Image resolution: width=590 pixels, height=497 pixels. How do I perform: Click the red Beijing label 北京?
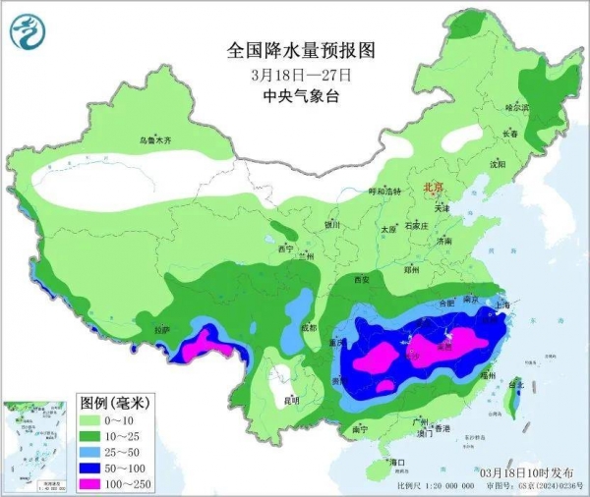432,186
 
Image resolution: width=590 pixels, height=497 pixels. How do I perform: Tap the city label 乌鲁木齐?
154,141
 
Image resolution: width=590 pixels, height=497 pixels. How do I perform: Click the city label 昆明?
290,401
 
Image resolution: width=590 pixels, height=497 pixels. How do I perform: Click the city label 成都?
311,328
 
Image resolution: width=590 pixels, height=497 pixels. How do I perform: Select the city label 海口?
397,462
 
